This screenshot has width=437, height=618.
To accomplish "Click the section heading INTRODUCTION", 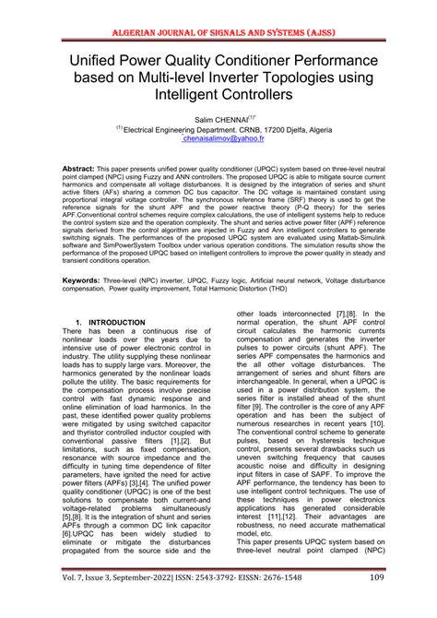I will (116, 323).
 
